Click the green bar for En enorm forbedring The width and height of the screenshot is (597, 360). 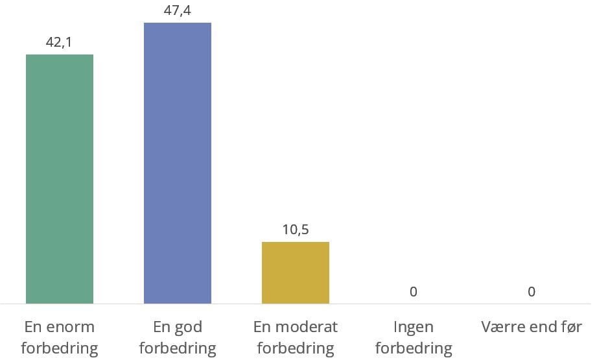coord(60,178)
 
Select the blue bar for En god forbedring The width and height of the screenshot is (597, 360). coord(178,163)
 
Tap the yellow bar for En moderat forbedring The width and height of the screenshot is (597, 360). coord(296,272)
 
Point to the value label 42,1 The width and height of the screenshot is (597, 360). coord(59,42)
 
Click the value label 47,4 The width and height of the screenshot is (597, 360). coord(178,10)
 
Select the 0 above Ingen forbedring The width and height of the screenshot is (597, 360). coord(414,292)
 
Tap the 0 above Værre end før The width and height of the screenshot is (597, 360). coord(532,292)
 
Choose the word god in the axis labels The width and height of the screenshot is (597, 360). coord(187,326)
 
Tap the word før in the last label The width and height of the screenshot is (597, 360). coord(570,326)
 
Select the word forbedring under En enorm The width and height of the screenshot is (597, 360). coord(60,348)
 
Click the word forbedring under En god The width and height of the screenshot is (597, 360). coord(178,348)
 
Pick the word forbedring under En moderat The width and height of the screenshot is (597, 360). coord(296,348)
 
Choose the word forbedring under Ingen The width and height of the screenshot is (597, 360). coord(414,348)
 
